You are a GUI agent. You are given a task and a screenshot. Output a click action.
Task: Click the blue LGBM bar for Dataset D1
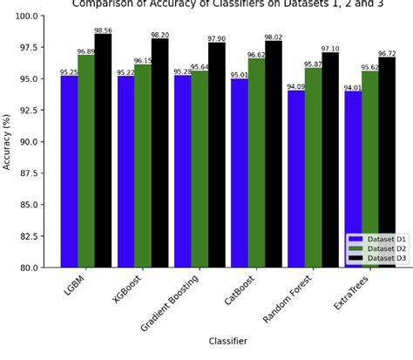(x=69, y=171)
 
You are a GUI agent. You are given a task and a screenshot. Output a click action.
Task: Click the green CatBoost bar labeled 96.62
(x=256, y=162)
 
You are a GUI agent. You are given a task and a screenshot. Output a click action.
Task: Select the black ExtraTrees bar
(x=387, y=161)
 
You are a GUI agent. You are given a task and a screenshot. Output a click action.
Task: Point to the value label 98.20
(x=160, y=36)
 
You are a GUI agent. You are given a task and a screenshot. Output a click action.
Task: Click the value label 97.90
(x=217, y=39)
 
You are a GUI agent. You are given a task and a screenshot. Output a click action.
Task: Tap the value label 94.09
(x=296, y=87)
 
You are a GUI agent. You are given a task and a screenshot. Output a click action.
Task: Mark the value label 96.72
(x=387, y=54)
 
